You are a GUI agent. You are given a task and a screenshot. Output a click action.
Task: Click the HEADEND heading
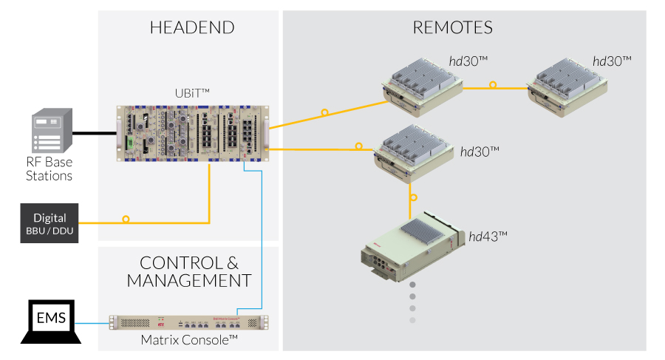point(191,28)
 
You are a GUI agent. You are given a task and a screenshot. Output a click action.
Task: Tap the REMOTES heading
point(452,28)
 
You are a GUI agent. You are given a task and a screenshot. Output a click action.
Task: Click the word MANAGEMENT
point(189,281)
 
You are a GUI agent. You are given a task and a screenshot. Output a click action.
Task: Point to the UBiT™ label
point(191,92)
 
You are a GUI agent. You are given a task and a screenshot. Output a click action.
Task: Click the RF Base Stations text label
point(50,169)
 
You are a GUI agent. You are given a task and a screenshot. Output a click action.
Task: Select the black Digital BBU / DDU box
point(50,223)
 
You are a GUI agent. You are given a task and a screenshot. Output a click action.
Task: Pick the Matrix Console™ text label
point(189,339)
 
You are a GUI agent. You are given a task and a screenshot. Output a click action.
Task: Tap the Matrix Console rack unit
point(189,323)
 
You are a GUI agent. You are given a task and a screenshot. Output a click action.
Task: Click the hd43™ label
point(488,237)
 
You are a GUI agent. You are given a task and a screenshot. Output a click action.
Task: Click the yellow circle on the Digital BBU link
point(126,220)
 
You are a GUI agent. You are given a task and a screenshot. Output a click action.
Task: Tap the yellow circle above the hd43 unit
point(413,197)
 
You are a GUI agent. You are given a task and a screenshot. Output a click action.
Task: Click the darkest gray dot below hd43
point(413,284)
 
